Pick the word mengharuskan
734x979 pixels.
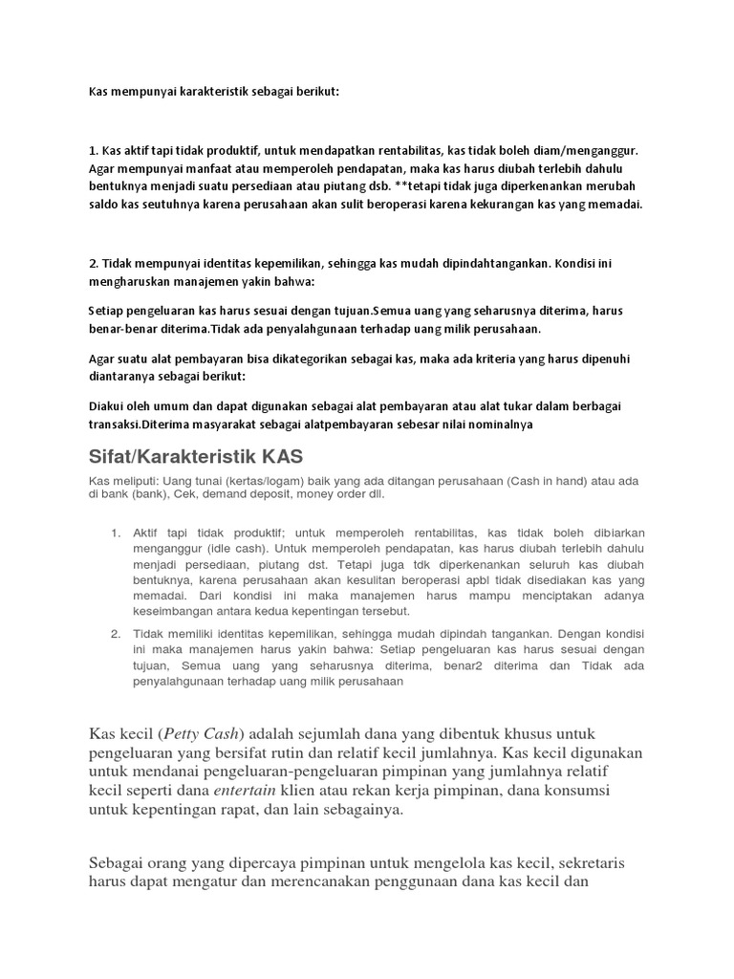pyautogui.click(x=128, y=284)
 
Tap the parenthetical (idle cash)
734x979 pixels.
pyautogui.click(x=223, y=550)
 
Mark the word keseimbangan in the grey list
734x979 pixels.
pyautogui.click(x=173, y=610)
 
